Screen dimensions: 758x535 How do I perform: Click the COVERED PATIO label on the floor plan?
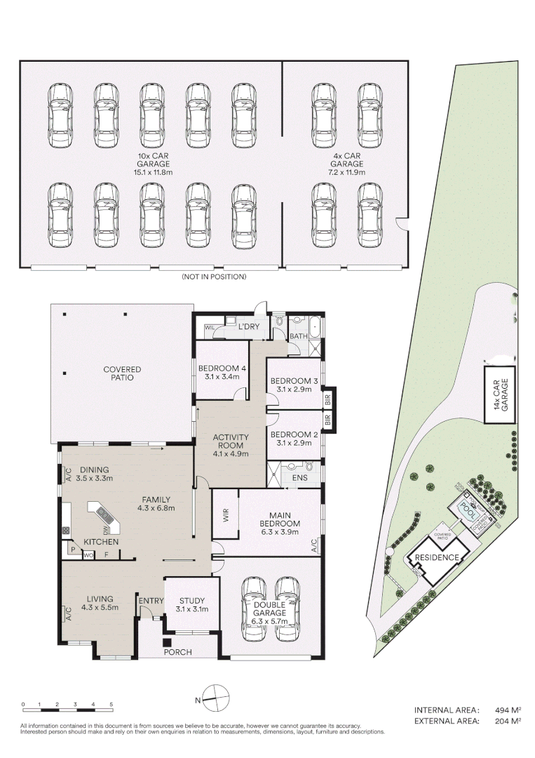122,373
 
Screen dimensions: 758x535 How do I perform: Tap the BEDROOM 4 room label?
222,372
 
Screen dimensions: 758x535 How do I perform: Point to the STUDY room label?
193,604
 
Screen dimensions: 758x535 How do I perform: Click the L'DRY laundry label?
250,327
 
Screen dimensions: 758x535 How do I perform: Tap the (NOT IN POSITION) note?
214,277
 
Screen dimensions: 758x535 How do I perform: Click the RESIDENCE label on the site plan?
436,558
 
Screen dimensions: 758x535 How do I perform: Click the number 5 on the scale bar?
111,704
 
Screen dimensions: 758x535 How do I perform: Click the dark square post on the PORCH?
167,641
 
